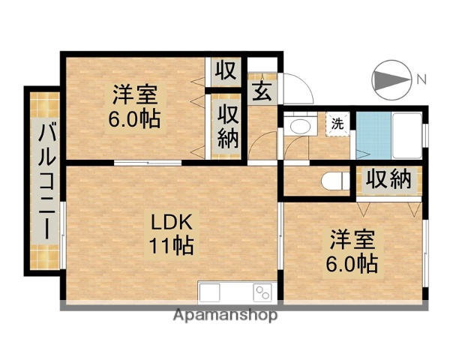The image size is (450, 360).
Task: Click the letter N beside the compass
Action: point(421,79)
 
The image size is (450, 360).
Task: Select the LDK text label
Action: point(174,223)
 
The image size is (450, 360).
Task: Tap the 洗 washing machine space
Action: point(338,124)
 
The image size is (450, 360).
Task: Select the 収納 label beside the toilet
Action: point(389,180)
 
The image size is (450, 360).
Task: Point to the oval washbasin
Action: point(299,126)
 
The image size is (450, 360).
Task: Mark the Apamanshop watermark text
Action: point(225,315)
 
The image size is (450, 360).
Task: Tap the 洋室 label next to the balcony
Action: point(135,95)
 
